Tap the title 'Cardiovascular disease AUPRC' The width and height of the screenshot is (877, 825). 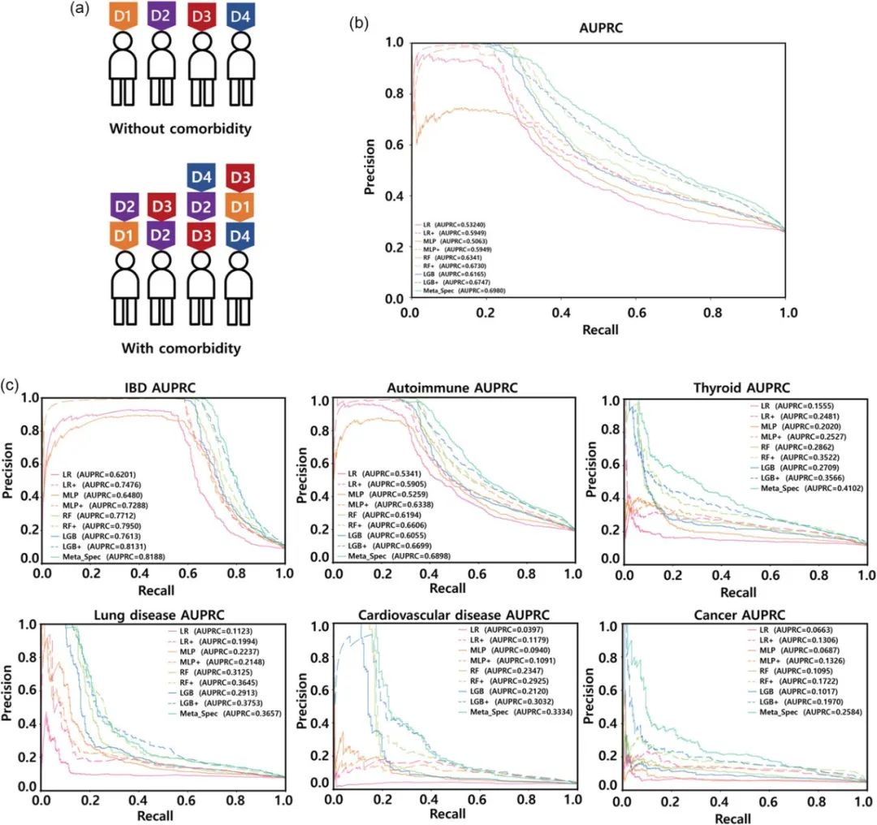[x=454, y=614]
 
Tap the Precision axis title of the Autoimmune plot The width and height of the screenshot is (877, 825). [x=302, y=479]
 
